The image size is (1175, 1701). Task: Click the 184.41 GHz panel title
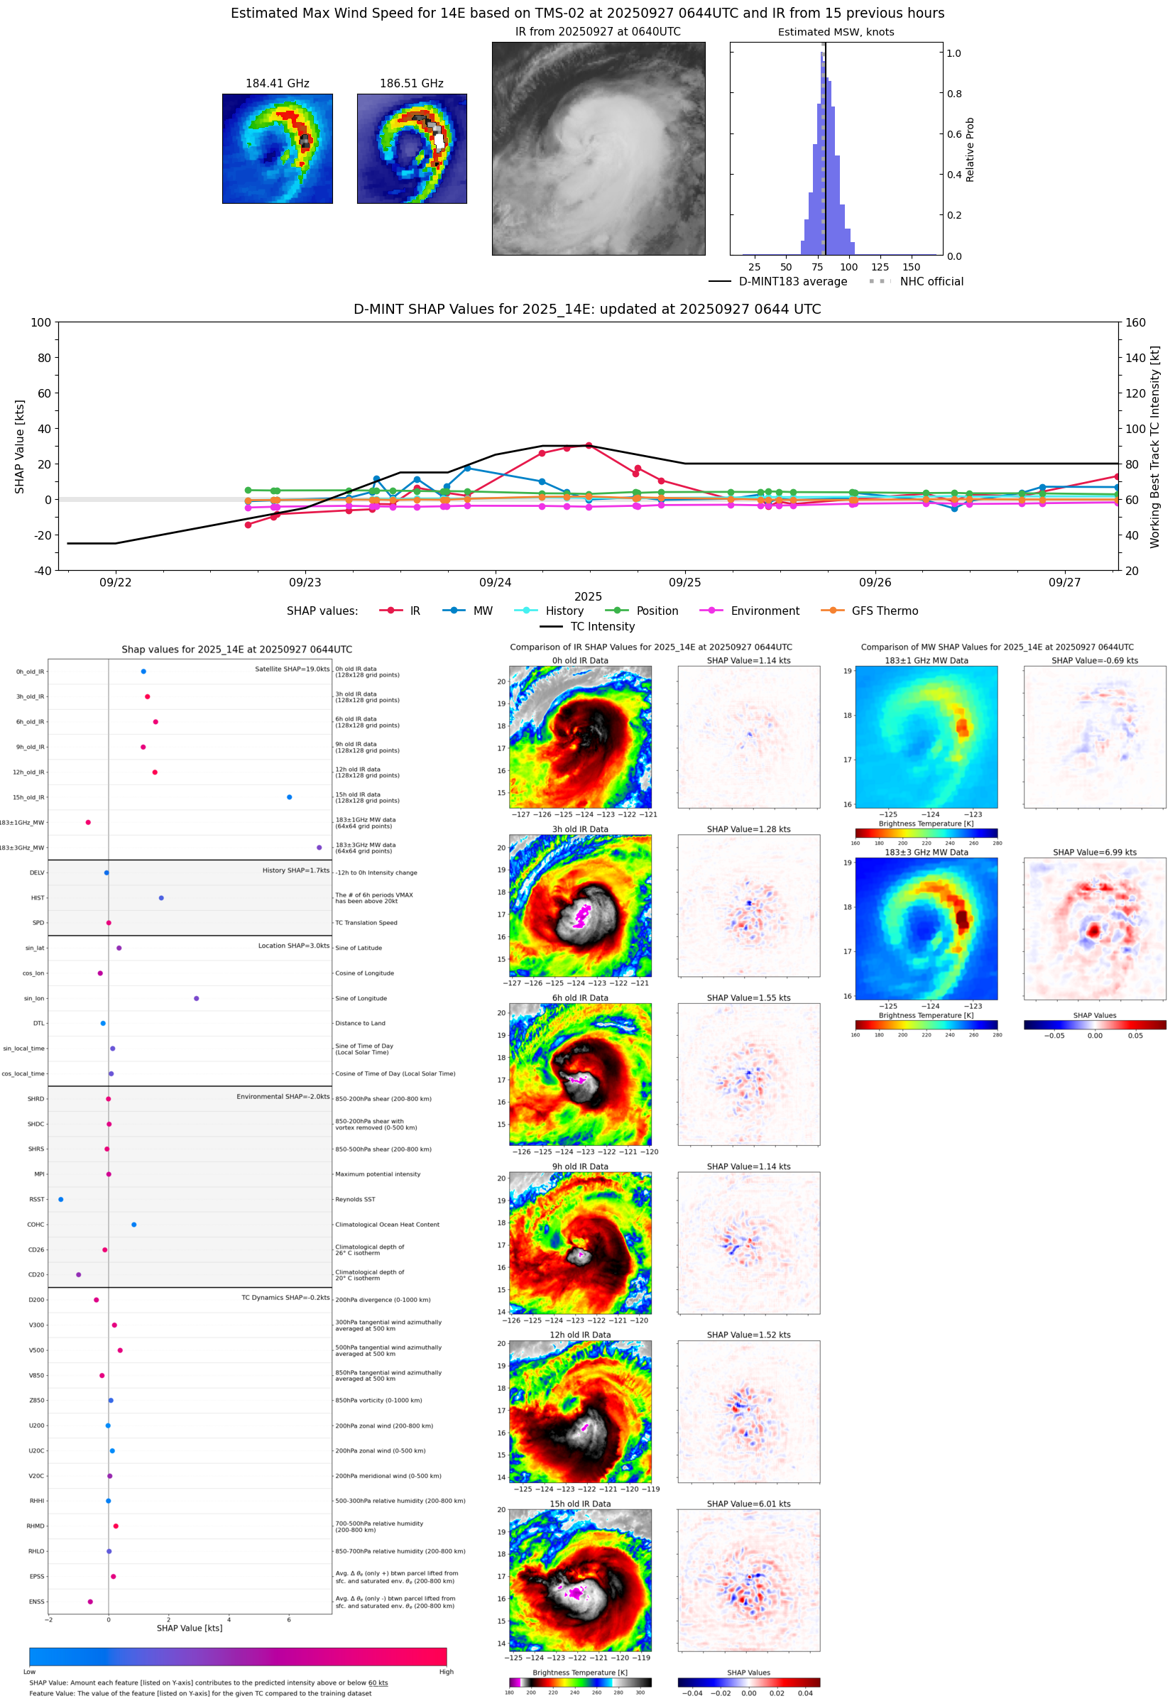[277, 84]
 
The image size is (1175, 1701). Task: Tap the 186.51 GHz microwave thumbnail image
[412, 148]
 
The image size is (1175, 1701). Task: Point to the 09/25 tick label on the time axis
[684, 582]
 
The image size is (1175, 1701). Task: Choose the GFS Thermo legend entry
[870, 611]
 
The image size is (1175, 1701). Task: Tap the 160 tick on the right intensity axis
[1135, 322]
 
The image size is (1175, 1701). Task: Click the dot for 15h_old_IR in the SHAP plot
[290, 797]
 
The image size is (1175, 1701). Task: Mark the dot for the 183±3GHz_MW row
[319, 847]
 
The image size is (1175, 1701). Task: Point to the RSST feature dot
[61, 1199]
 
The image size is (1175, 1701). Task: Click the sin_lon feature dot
[197, 998]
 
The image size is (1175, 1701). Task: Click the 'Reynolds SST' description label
[355, 1199]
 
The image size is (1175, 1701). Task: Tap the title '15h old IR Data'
[580, 1504]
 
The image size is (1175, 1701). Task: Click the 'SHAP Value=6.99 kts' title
[1094, 853]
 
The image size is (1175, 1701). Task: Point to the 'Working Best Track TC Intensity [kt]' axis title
[1154, 446]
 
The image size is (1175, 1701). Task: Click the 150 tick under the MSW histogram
[912, 267]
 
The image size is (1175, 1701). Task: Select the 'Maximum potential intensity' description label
[378, 1174]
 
